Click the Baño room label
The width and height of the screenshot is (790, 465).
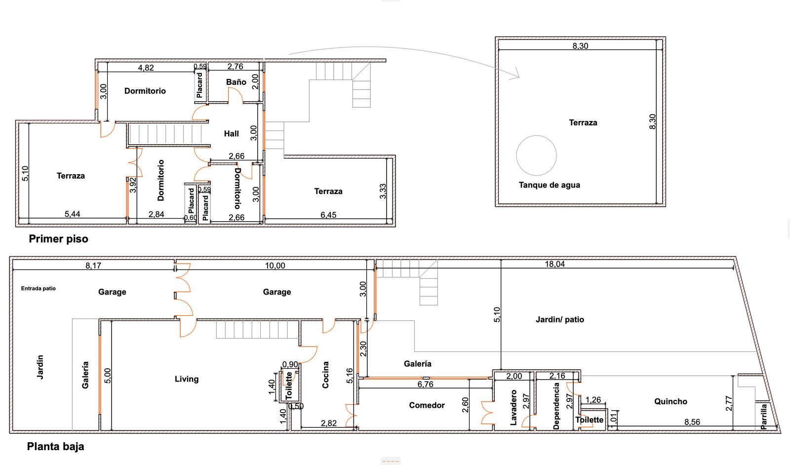click(236, 82)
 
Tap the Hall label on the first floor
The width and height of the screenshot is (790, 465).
click(232, 134)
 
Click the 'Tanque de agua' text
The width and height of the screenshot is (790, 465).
click(549, 185)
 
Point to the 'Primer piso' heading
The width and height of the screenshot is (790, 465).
click(59, 238)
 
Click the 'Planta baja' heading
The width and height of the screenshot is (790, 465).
click(55, 446)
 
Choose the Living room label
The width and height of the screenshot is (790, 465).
click(187, 379)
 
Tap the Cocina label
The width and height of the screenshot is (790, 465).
click(325, 375)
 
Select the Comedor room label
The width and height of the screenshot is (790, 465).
click(427, 405)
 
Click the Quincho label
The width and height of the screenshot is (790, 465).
click(671, 401)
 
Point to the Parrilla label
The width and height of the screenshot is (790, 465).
click(763, 417)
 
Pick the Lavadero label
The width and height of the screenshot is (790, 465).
click(513, 407)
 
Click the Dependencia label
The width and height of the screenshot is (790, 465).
click(556, 406)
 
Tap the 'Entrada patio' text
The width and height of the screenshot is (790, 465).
click(39, 288)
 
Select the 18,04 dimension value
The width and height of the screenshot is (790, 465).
click(555, 264)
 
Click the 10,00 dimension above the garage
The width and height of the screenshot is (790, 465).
click(275, 266)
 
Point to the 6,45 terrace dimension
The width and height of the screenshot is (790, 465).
click(328, 215)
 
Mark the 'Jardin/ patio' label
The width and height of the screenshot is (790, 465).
click(560, 320)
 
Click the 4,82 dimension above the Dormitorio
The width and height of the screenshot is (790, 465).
click(146, 68)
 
